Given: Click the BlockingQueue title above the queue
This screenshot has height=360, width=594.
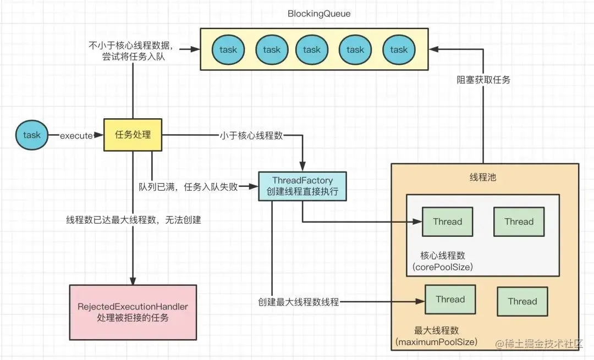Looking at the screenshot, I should click(312, 13).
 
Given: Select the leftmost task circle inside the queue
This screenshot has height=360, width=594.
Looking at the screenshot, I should click(228, 49).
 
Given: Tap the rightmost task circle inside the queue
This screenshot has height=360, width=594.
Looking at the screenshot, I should click(398, 49).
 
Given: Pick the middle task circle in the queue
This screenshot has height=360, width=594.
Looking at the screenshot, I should click(311, 49).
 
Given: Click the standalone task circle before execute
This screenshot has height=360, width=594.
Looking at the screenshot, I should click(32, 135).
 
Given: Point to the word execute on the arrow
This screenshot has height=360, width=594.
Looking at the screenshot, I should click(76, 136).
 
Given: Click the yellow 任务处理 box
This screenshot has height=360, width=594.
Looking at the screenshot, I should click(133, 135).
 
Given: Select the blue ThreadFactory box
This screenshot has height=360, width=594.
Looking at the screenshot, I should click(302, 186).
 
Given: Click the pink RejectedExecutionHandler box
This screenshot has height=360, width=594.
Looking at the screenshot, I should click(133, 312).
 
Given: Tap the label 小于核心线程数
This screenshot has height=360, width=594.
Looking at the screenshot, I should click(251, 136).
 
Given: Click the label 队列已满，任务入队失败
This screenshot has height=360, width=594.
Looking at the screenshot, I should click(188, 187).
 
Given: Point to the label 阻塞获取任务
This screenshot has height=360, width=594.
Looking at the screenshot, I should click(483, 80).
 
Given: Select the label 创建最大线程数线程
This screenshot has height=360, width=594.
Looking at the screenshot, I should click(299, 302).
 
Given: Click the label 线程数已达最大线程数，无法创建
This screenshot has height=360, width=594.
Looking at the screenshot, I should click(134, 220).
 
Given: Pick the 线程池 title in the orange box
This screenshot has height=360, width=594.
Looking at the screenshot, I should click(484, 178).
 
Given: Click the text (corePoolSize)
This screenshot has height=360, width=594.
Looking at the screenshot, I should click(443, 268).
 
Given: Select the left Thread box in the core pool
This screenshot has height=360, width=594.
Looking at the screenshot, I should click(447, 221).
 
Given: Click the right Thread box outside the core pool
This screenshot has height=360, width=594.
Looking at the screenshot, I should click(522, 301).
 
